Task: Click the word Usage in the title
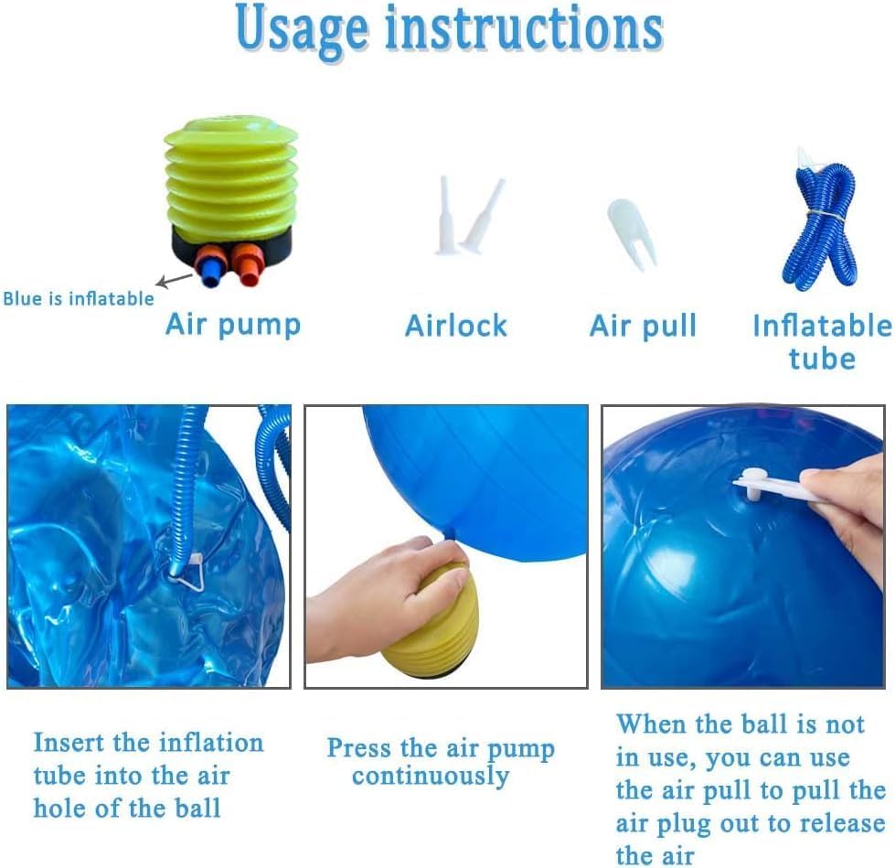[302, 29]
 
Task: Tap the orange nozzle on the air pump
[246, 263]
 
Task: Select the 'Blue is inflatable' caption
[79, 299]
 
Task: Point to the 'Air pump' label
[233, 325]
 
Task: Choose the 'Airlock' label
[456, 326]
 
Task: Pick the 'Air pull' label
[644, 326]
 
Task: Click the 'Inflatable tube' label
[822, 342]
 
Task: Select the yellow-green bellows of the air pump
[230, 174]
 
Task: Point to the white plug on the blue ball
[753, 484]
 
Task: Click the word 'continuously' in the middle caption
[431, 777]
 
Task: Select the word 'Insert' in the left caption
[69, 743]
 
